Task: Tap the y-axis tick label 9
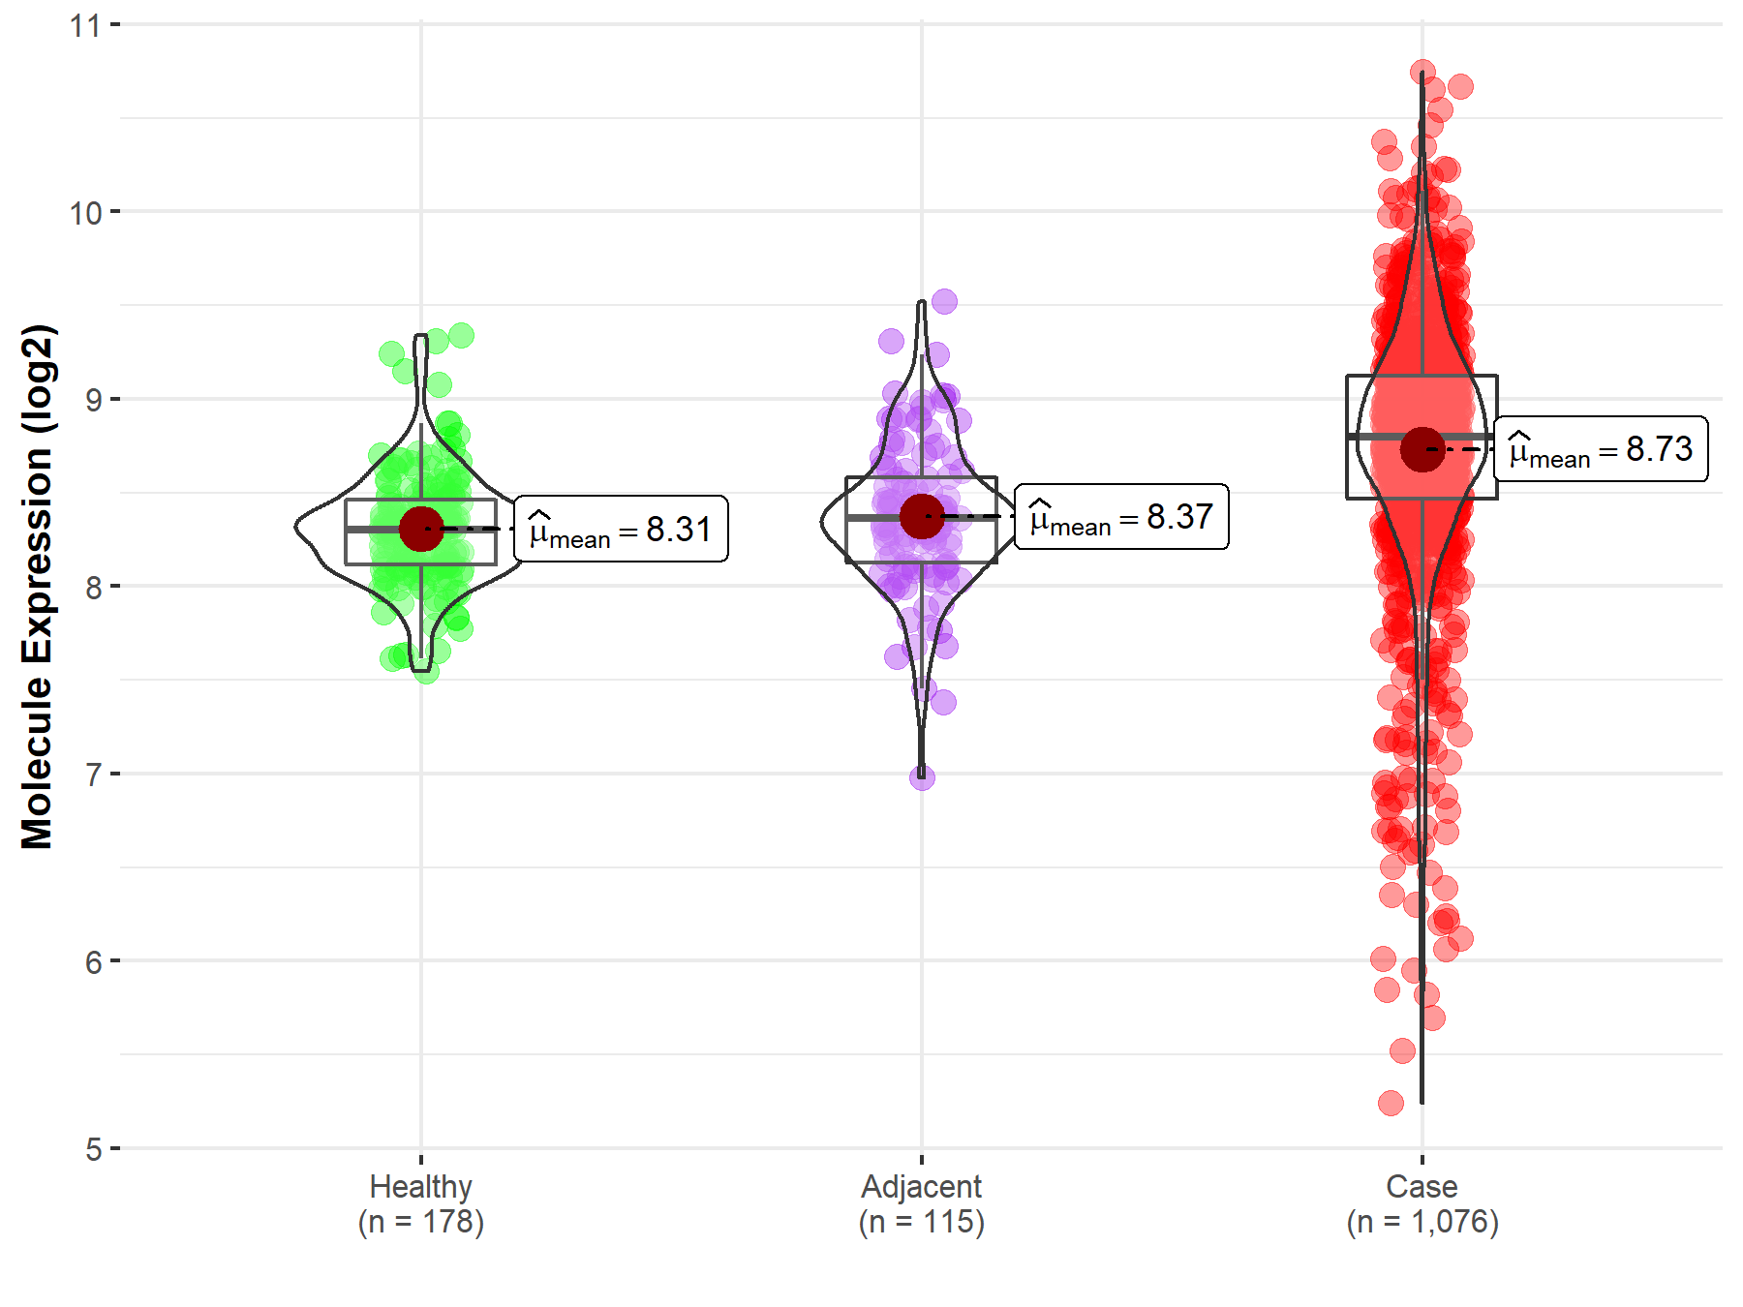click(93, 400)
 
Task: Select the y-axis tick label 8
click(93, 588)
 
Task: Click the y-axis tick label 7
click(93, 775)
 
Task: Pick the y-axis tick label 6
click(93, 962)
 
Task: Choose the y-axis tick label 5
click(93, 1150)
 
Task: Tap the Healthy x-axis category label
click(421, 1203)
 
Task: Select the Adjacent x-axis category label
click(921, 1203)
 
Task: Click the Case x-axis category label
click(1422, 1203)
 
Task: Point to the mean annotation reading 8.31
click(621, 530)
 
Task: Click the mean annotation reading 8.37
click(1121, 517)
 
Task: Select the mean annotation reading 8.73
click(1601, 449)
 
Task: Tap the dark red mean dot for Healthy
click(421, 529)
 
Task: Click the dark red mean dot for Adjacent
click(922, 516)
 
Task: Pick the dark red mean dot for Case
click(1422, 449)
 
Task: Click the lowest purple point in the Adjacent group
click(922, 776)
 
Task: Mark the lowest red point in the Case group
click(1391, 1103)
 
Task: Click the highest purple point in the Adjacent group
click(944, 301)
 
